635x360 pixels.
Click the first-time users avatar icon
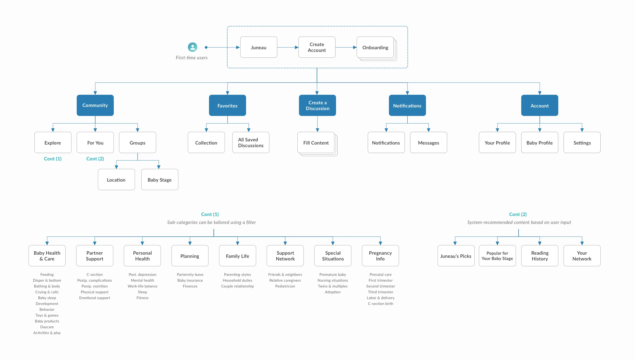[193, 47]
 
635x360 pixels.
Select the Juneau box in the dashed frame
[258, 47]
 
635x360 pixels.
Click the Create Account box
[317, 47]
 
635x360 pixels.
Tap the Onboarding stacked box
[375, 47]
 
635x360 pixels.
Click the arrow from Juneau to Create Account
[288, 47]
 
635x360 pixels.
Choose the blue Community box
[95, 105]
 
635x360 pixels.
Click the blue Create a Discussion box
[317, 105]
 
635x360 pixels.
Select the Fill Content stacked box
[316, 143]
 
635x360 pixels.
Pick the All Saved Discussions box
[251, 142]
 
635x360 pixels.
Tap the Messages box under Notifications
[428, 143]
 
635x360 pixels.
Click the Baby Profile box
[539, 143]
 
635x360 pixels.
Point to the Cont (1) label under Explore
[53, 159]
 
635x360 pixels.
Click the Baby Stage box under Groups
[160, 180]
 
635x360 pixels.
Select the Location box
[116, 180]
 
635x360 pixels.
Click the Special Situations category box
[333, 256]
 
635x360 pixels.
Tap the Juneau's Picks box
[456, 256]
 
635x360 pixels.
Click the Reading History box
[539, 256]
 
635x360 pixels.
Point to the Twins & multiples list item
[333, 286]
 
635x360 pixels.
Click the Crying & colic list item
[47, 292]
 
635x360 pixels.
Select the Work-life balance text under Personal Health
[142, 286]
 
